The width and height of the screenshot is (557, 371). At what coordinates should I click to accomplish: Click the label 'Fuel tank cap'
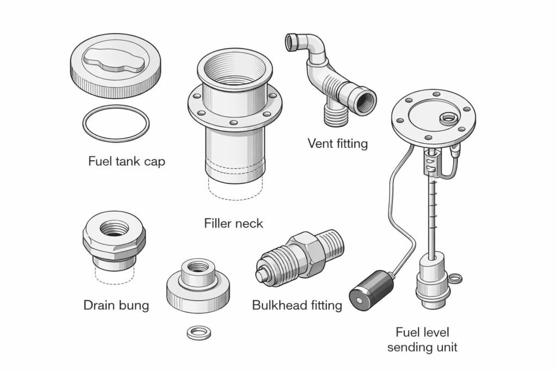126,161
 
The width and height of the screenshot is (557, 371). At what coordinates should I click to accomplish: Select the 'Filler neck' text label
233,223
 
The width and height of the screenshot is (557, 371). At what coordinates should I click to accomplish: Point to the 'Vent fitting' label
337,143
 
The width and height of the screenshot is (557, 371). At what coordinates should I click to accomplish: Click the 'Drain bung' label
116,305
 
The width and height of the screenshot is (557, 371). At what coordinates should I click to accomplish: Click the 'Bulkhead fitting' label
297,305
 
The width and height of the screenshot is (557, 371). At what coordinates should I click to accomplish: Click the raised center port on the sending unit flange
449,117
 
